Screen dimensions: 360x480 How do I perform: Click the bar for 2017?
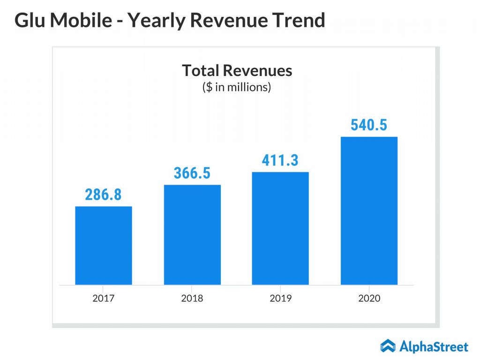click(104, 245)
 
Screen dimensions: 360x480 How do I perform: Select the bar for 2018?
click(192, 234)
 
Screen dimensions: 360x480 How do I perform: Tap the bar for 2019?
click(280, 228)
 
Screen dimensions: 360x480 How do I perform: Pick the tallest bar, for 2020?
click(369, 210)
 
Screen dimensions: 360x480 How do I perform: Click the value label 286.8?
click(103, 195)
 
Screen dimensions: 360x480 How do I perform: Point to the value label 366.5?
click(192, 173)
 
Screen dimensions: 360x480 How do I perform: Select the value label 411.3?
click(280, 160)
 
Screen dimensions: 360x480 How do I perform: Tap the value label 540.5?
click(369, 125)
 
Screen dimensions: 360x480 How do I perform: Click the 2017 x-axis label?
click(104, 298)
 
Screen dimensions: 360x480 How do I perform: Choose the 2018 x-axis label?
click(192, 298)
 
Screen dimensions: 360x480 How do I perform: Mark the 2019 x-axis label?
click(280, 298)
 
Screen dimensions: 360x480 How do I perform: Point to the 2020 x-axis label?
click(369, 298)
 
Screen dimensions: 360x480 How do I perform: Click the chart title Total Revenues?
click(237, 70)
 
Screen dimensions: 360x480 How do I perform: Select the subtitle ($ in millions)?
click(237, 87)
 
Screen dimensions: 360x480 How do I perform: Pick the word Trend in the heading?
click(300, 20)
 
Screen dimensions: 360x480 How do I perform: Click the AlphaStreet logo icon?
click(388, 346)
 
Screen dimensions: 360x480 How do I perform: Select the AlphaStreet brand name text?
click(434, 347)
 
